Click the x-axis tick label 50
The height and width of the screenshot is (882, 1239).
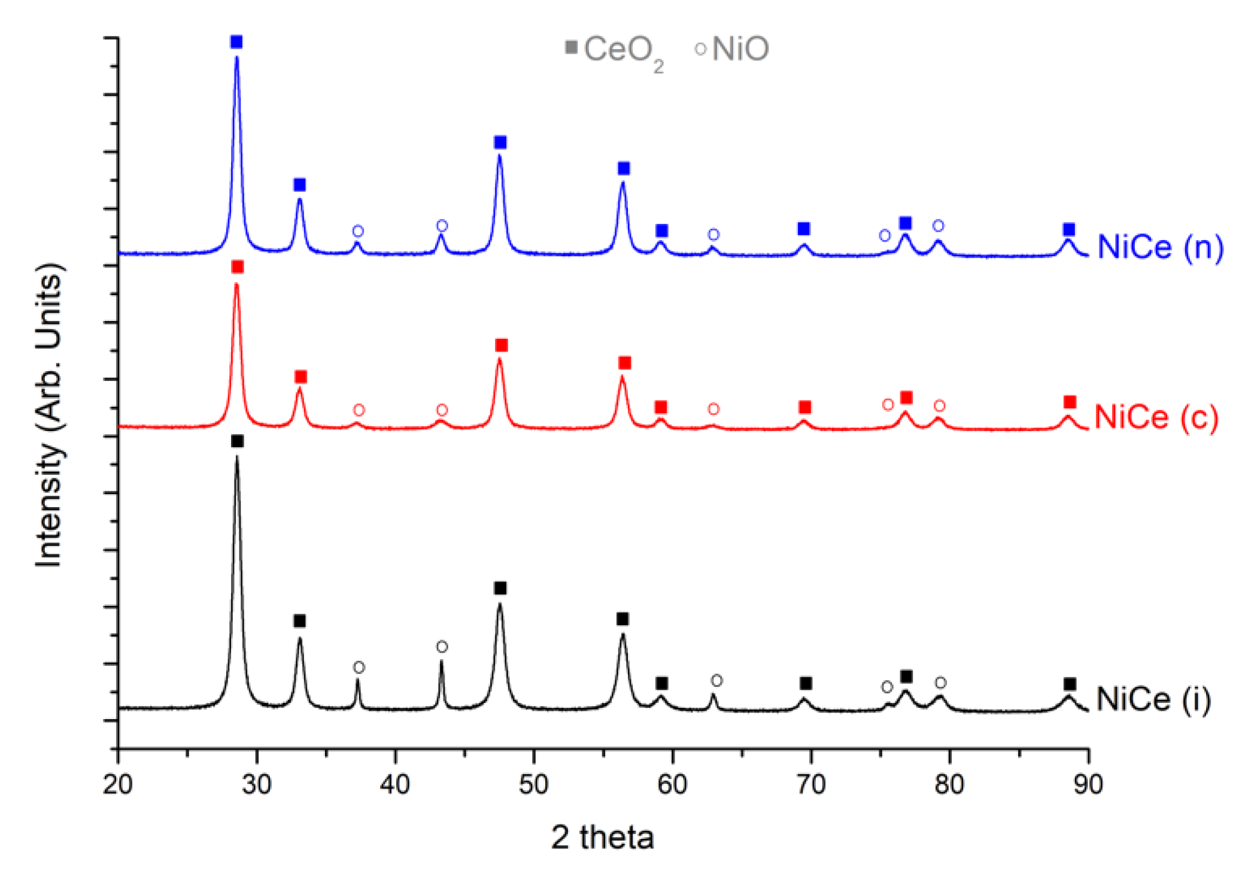533,784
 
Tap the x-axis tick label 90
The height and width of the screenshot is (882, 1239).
1088,784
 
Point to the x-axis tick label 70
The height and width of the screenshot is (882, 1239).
810,784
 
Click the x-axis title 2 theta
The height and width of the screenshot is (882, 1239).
602,837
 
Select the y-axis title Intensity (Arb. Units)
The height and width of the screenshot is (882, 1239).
49,414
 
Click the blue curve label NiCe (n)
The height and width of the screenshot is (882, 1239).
1160,247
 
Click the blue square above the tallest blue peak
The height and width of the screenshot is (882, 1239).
236,42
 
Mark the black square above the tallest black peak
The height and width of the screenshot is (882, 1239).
237,441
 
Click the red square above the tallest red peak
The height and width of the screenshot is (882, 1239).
238,266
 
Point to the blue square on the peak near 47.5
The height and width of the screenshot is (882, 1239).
500,143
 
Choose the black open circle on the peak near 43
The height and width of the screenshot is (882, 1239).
442,647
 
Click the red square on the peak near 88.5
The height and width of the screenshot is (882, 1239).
1070,402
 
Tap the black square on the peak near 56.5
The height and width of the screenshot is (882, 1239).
622,619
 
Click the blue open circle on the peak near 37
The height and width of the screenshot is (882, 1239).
358,231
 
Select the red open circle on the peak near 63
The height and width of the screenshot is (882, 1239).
713,409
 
